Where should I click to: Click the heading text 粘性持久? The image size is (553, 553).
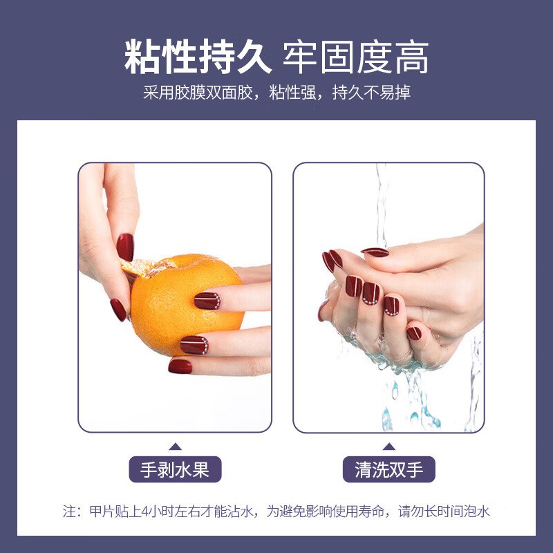click(198, 57)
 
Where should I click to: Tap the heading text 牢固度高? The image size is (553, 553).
click(356, 57)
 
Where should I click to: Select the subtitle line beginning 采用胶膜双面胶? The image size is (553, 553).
click(276, 93)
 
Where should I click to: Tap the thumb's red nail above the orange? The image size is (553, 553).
click(125, 247)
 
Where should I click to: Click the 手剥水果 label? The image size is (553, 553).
click(175, 469)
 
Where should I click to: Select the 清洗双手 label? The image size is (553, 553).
click(389, 469)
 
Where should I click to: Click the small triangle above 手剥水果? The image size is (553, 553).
click(175, 447)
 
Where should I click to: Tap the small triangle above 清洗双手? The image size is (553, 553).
click(388, 447)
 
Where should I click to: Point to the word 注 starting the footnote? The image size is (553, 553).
click(70, 512)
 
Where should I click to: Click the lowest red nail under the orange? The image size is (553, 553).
click(180, 366)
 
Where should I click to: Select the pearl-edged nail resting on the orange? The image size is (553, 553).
click(207, 301)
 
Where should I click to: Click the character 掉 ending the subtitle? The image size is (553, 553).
click(403, 93)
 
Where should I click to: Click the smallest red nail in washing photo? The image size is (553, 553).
click(414, 333)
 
